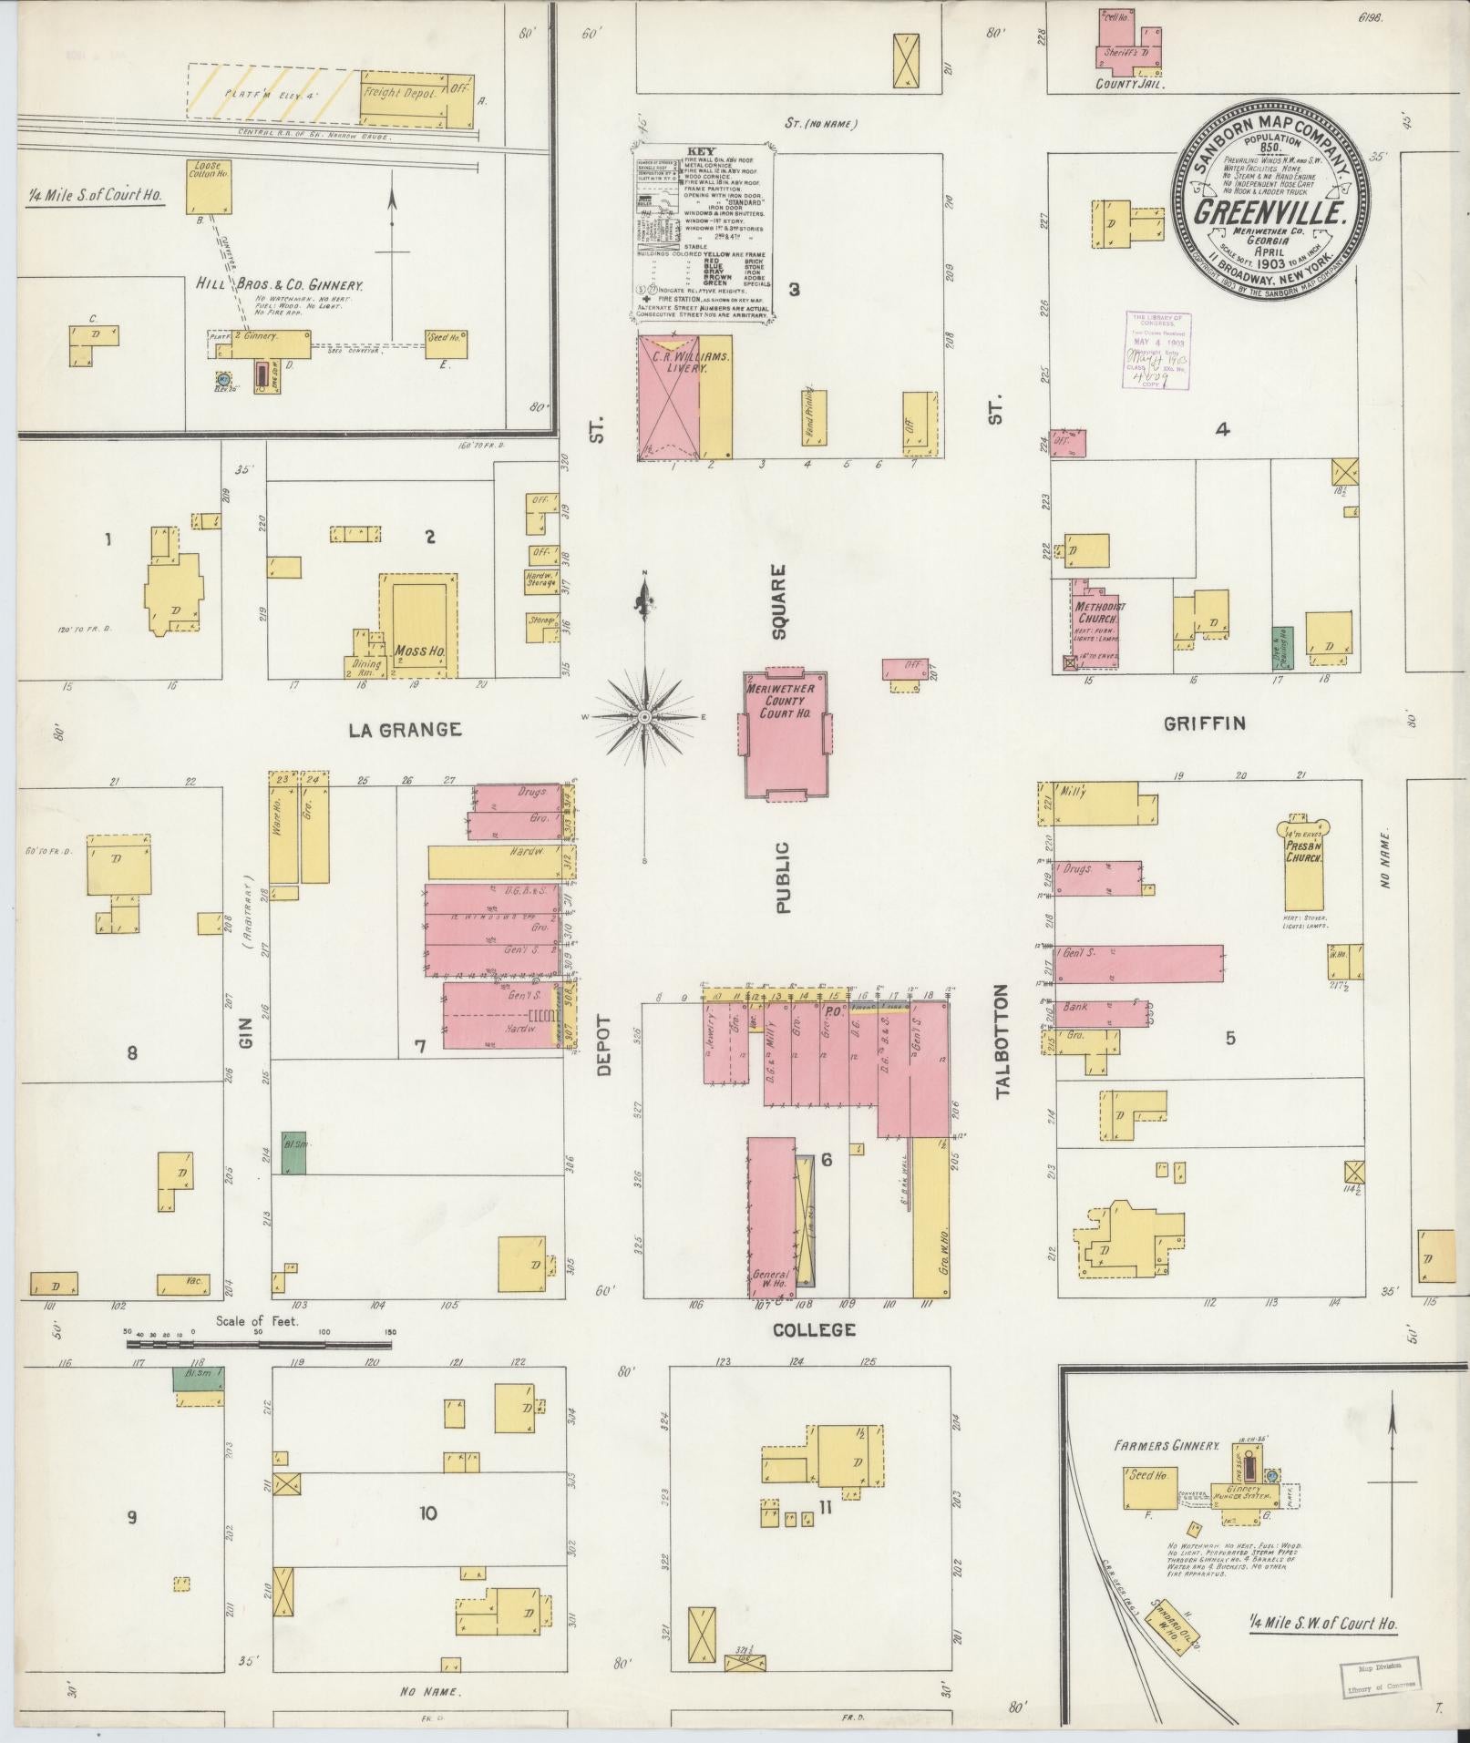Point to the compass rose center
tap(644, 717)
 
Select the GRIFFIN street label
tap(1204, 723)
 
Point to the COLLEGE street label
tap(814, 1329)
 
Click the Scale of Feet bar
tap(260, 1343)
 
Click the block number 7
tap(420, 1046)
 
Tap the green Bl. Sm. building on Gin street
tap(293, 1154)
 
